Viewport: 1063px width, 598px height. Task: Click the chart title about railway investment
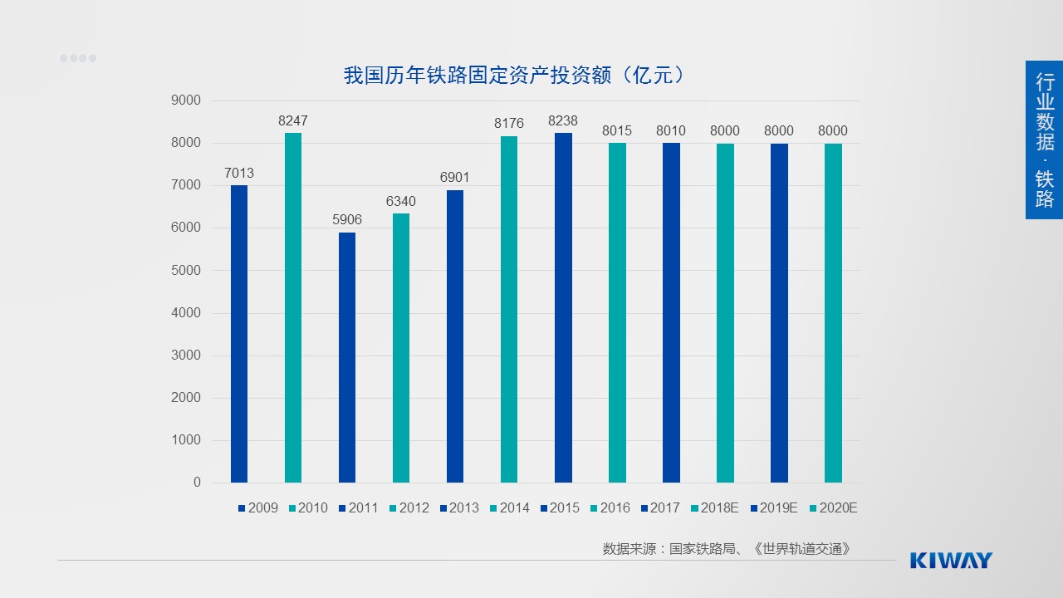pyautogui.click(x=515, y=76)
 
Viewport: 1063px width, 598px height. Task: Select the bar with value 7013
pyautogui.click(x=239, y=332)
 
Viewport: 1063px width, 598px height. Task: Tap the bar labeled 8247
pyautogui.click(x=293, y=307)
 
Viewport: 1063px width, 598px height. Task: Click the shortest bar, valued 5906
pyautogui.click(x=347, y=357)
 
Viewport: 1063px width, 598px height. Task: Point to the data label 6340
pyautogui.click(x=401, y=202)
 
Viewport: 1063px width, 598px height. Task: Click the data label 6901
pyautogui.click(x=455, y=178)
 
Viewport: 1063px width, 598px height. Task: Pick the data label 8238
pyautogui.click(x=563, y=121)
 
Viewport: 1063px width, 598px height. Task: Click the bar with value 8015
pyautogui.click(x=617, y=312)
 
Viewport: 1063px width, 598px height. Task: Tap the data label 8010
pyautogui.click(x=671, y=131)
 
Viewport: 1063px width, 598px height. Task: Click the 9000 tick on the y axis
pyautogui.click(x=186, y=100)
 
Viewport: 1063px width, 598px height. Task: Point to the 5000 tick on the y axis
pyautogui.click(x=186, y=271)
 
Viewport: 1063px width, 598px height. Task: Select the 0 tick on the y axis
pyautogui.click(x=197, y=483)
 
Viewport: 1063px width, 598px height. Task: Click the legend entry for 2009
pyautogui.click(x=257, y=508)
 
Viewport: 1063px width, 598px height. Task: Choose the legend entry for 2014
pyautogui.click(x=508, y=508)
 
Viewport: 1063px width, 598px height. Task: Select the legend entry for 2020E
pyautogui.click(x=832, y=508)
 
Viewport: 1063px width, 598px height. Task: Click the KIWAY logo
pyautogui.click(x=951, y=560)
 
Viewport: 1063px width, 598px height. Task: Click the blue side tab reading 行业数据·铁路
pyautogui.click(x=1044, y=140)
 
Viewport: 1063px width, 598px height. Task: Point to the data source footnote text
pyautogui.click(x=727, y=549)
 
